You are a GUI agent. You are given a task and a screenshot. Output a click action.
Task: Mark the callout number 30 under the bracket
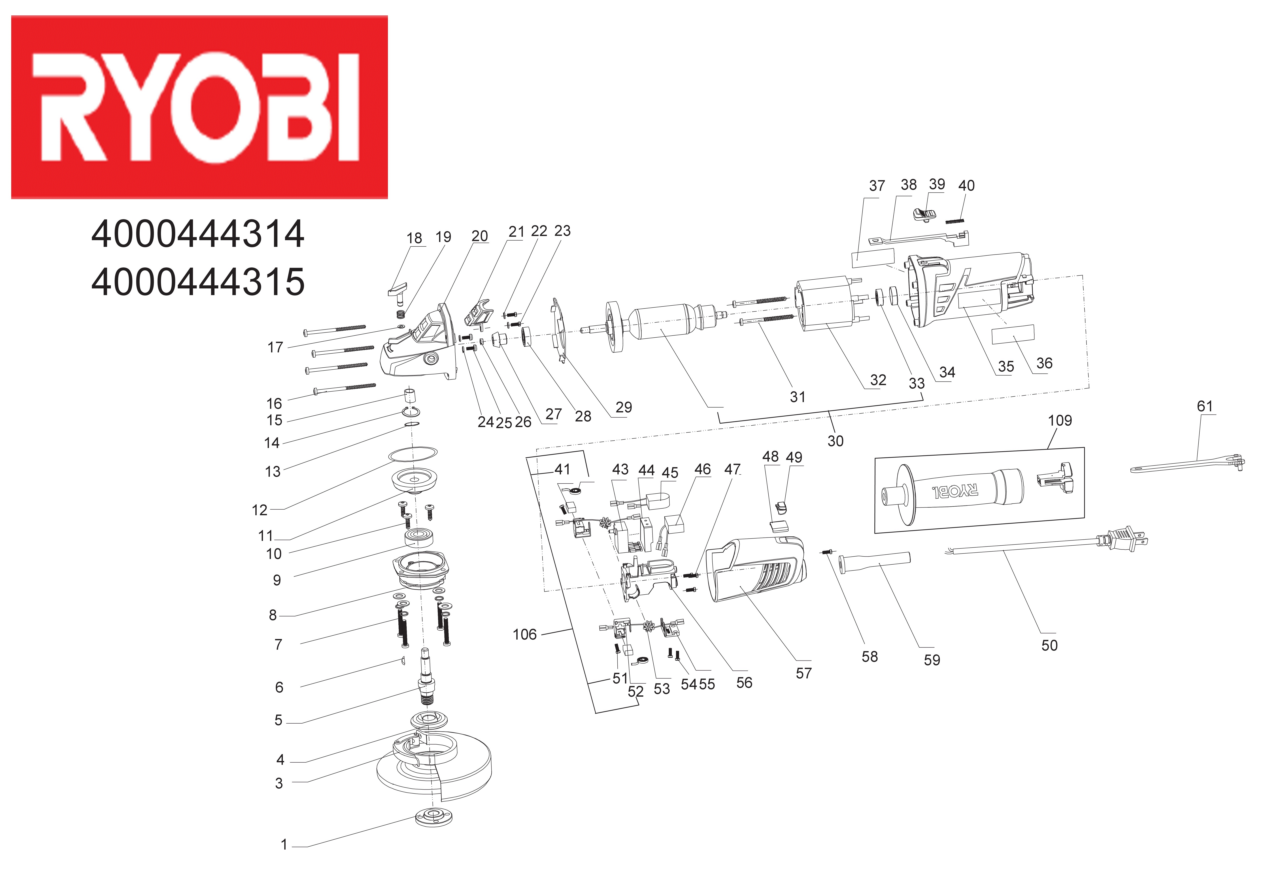(x=835, y=441)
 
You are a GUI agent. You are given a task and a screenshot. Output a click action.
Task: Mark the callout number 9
(x=277, y=580)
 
